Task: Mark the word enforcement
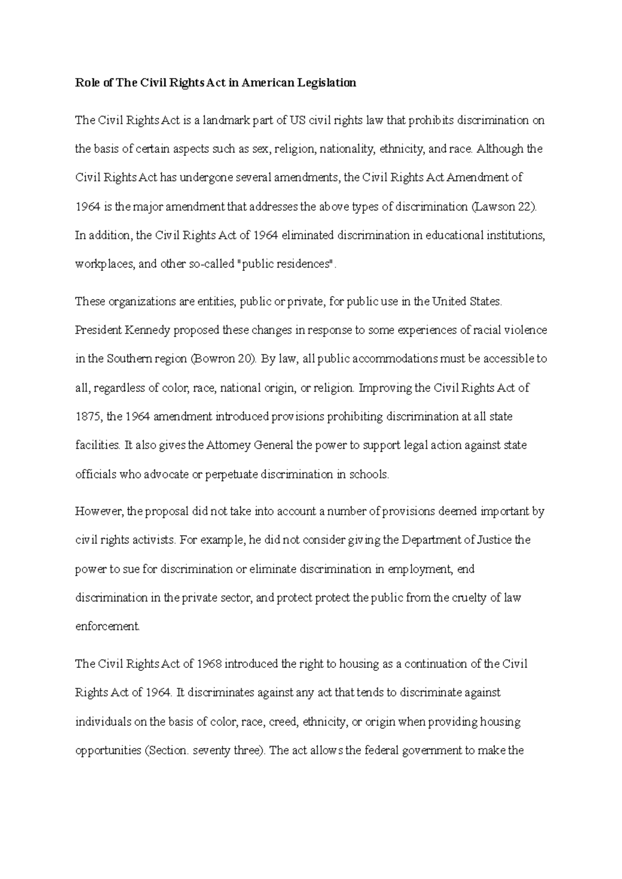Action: [107, 627]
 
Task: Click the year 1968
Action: [209, 664]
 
